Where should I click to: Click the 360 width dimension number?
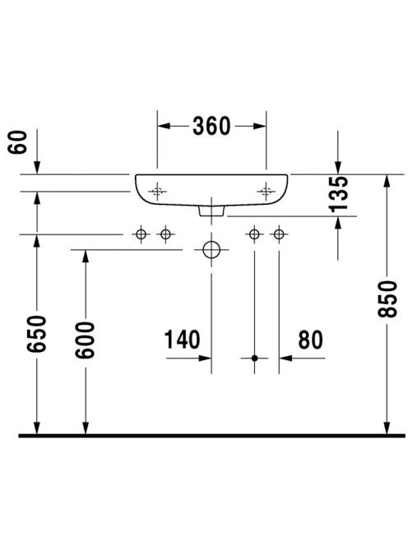pos(211,126)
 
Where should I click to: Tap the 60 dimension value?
pos(17,142)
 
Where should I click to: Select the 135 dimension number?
pos(338,194)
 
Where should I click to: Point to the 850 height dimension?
pos(387,298)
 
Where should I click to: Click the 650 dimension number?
pos(36,334)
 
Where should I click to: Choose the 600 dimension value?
pos(85,340)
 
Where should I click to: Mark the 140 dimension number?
pos(182,340)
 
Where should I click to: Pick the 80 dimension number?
pos(310,340)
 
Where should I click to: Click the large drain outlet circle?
pos(211,250)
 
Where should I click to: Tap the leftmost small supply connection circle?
pos(141,234)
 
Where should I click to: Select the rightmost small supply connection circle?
pos(279,234)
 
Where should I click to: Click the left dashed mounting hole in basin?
pos(157,191)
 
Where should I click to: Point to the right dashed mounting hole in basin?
pos(267,191)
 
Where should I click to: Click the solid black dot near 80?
pos(254,358)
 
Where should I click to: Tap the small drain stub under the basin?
pos(211,211)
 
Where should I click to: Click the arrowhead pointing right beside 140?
pos(205,358)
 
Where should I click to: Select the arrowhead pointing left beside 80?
pos(285,358)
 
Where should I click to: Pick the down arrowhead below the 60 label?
pos(36,168)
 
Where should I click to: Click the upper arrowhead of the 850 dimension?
pos(387,182)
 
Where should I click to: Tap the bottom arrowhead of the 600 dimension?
pos(86,428)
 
